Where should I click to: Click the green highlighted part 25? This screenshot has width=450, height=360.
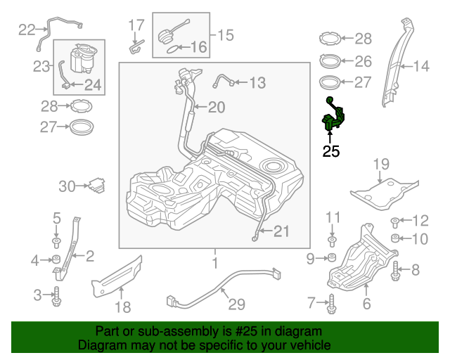(333, 120)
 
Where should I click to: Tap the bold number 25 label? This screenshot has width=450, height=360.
(330, 150)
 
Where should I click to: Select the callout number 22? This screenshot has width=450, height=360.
(27, 30)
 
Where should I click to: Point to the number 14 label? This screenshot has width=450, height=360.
(420, 67)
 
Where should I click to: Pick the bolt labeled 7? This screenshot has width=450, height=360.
(330, 304)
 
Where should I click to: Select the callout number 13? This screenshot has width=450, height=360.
(257, 83)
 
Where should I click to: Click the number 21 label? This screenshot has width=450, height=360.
(281, 231)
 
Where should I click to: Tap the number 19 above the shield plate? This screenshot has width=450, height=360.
(380, 165)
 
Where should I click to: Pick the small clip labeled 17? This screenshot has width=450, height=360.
(136, 48)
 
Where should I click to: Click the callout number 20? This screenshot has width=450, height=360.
(215, 107)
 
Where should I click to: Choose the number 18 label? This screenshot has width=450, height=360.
(122, 307)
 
